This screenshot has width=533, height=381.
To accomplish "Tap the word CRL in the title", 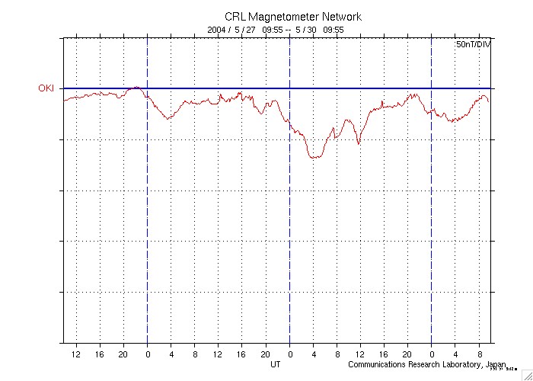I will tap(235, 17).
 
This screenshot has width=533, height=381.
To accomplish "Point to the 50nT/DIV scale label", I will tap(472, 46).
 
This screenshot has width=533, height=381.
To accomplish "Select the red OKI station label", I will tap(46, 88).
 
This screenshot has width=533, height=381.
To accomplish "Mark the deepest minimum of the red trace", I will tap(313, 157).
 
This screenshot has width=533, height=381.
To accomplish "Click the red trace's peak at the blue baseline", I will tap(136, 88).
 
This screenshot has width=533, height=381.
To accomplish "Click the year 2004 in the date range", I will tap(217, 30).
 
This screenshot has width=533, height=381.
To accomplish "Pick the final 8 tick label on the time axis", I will tap(479, 354).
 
